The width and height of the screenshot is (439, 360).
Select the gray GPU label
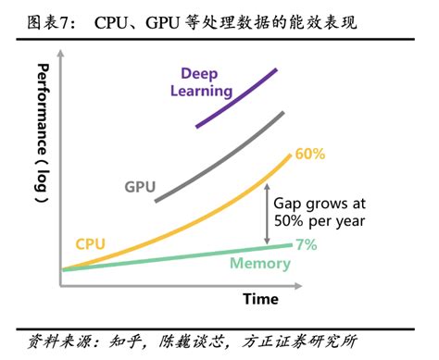point(139,186)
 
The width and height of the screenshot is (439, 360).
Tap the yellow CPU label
point(91,242)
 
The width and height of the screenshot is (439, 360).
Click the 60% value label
point(309,154)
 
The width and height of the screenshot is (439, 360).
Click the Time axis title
point(260,298)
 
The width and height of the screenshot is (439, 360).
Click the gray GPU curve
point(222,157)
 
